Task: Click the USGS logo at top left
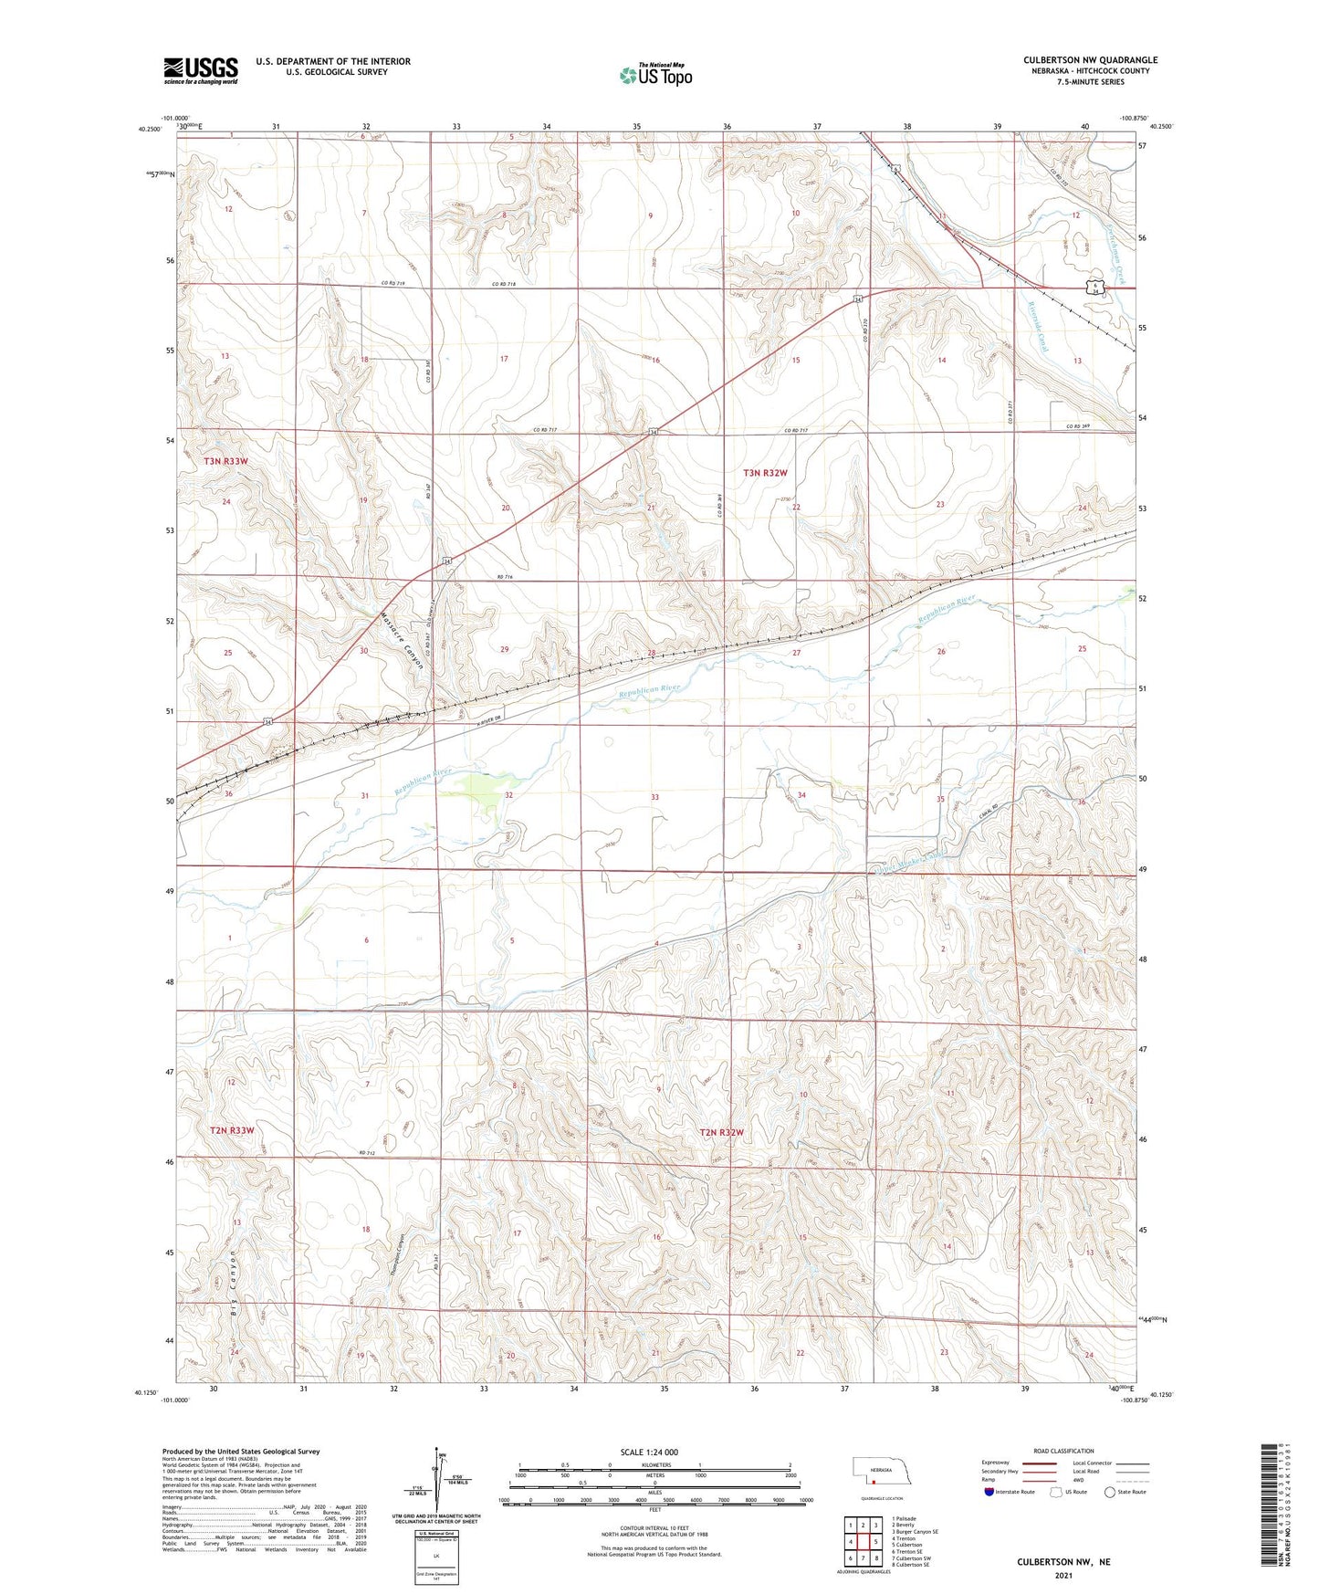(200, 70)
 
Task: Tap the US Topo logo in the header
(655, 75)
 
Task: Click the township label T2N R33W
(232, 1130)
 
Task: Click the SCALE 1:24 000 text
(649, 1452)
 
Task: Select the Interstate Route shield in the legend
(989, 1493)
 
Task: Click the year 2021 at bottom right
(1063, 1576)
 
